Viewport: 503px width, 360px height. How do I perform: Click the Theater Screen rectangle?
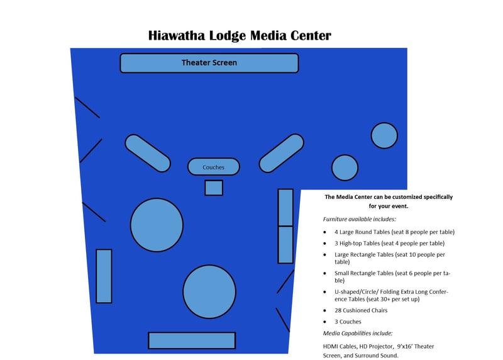(209, 63)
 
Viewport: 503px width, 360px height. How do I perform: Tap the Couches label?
(214, 167)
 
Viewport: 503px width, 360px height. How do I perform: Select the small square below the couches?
(214, 188)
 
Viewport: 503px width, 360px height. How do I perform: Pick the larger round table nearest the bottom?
(209, 291)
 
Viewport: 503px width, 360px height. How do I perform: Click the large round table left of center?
(157, 225)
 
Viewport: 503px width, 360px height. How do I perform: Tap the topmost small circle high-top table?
(384, 136)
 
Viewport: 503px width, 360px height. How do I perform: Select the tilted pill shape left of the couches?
(148, 153)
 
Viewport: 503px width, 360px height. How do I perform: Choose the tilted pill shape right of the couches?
(282, 153)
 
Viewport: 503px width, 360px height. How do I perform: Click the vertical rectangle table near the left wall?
(104, 276)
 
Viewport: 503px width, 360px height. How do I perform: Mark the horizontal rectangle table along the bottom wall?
(192, 340)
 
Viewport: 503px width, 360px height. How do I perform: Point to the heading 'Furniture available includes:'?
(360, 219)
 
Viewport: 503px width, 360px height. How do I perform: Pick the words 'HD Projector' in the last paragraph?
(372, 347)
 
